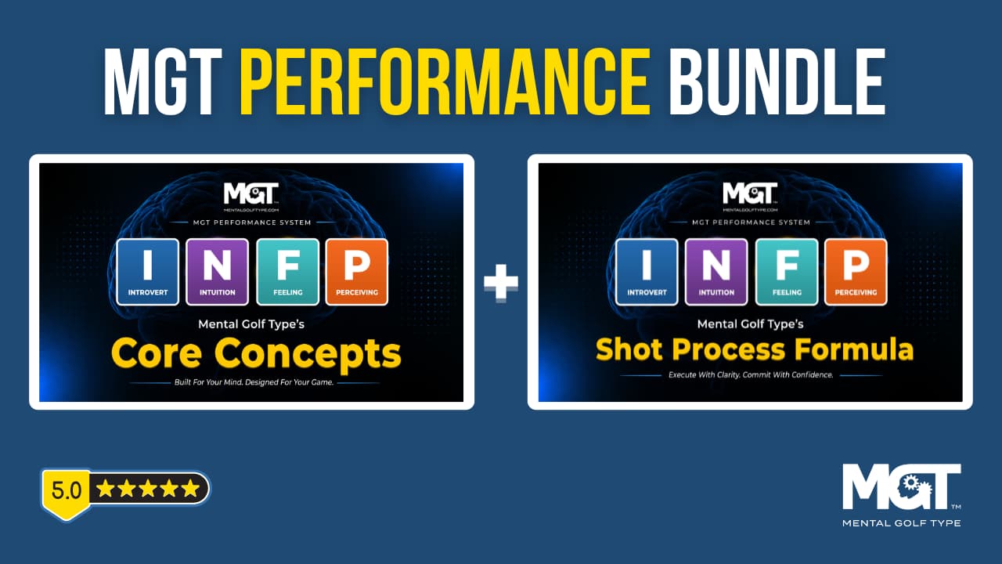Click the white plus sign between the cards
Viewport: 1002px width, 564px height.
(x=501, y=283)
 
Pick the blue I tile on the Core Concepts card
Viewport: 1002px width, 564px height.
(x=148, y=272)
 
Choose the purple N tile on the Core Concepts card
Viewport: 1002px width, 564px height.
(x=218, y=272)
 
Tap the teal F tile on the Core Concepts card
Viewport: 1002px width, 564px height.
(x=287, y=272)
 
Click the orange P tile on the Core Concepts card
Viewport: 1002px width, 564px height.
(x=357, y=272)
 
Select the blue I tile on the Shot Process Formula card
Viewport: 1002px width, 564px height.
(x=647, y=272)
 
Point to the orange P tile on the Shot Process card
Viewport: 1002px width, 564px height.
(x=856, y=272)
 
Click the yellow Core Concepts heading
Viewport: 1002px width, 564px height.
(x=256, y=354)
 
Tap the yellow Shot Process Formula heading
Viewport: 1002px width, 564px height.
(x=754, y=349)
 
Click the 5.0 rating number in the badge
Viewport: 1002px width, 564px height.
(x=67, y=490)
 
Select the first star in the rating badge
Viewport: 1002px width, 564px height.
(x=105, y=488)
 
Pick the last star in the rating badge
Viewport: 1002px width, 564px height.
(x=191, y=488)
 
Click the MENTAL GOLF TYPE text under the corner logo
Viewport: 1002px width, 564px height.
(x=901, y=522)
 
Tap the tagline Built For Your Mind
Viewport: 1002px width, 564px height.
(x=254, y=382)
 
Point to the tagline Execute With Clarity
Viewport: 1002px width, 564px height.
(x=751, y=374)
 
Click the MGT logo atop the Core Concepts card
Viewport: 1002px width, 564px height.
(x=251, y=197)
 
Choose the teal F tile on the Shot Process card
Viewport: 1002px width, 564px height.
(x=787, y=272)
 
